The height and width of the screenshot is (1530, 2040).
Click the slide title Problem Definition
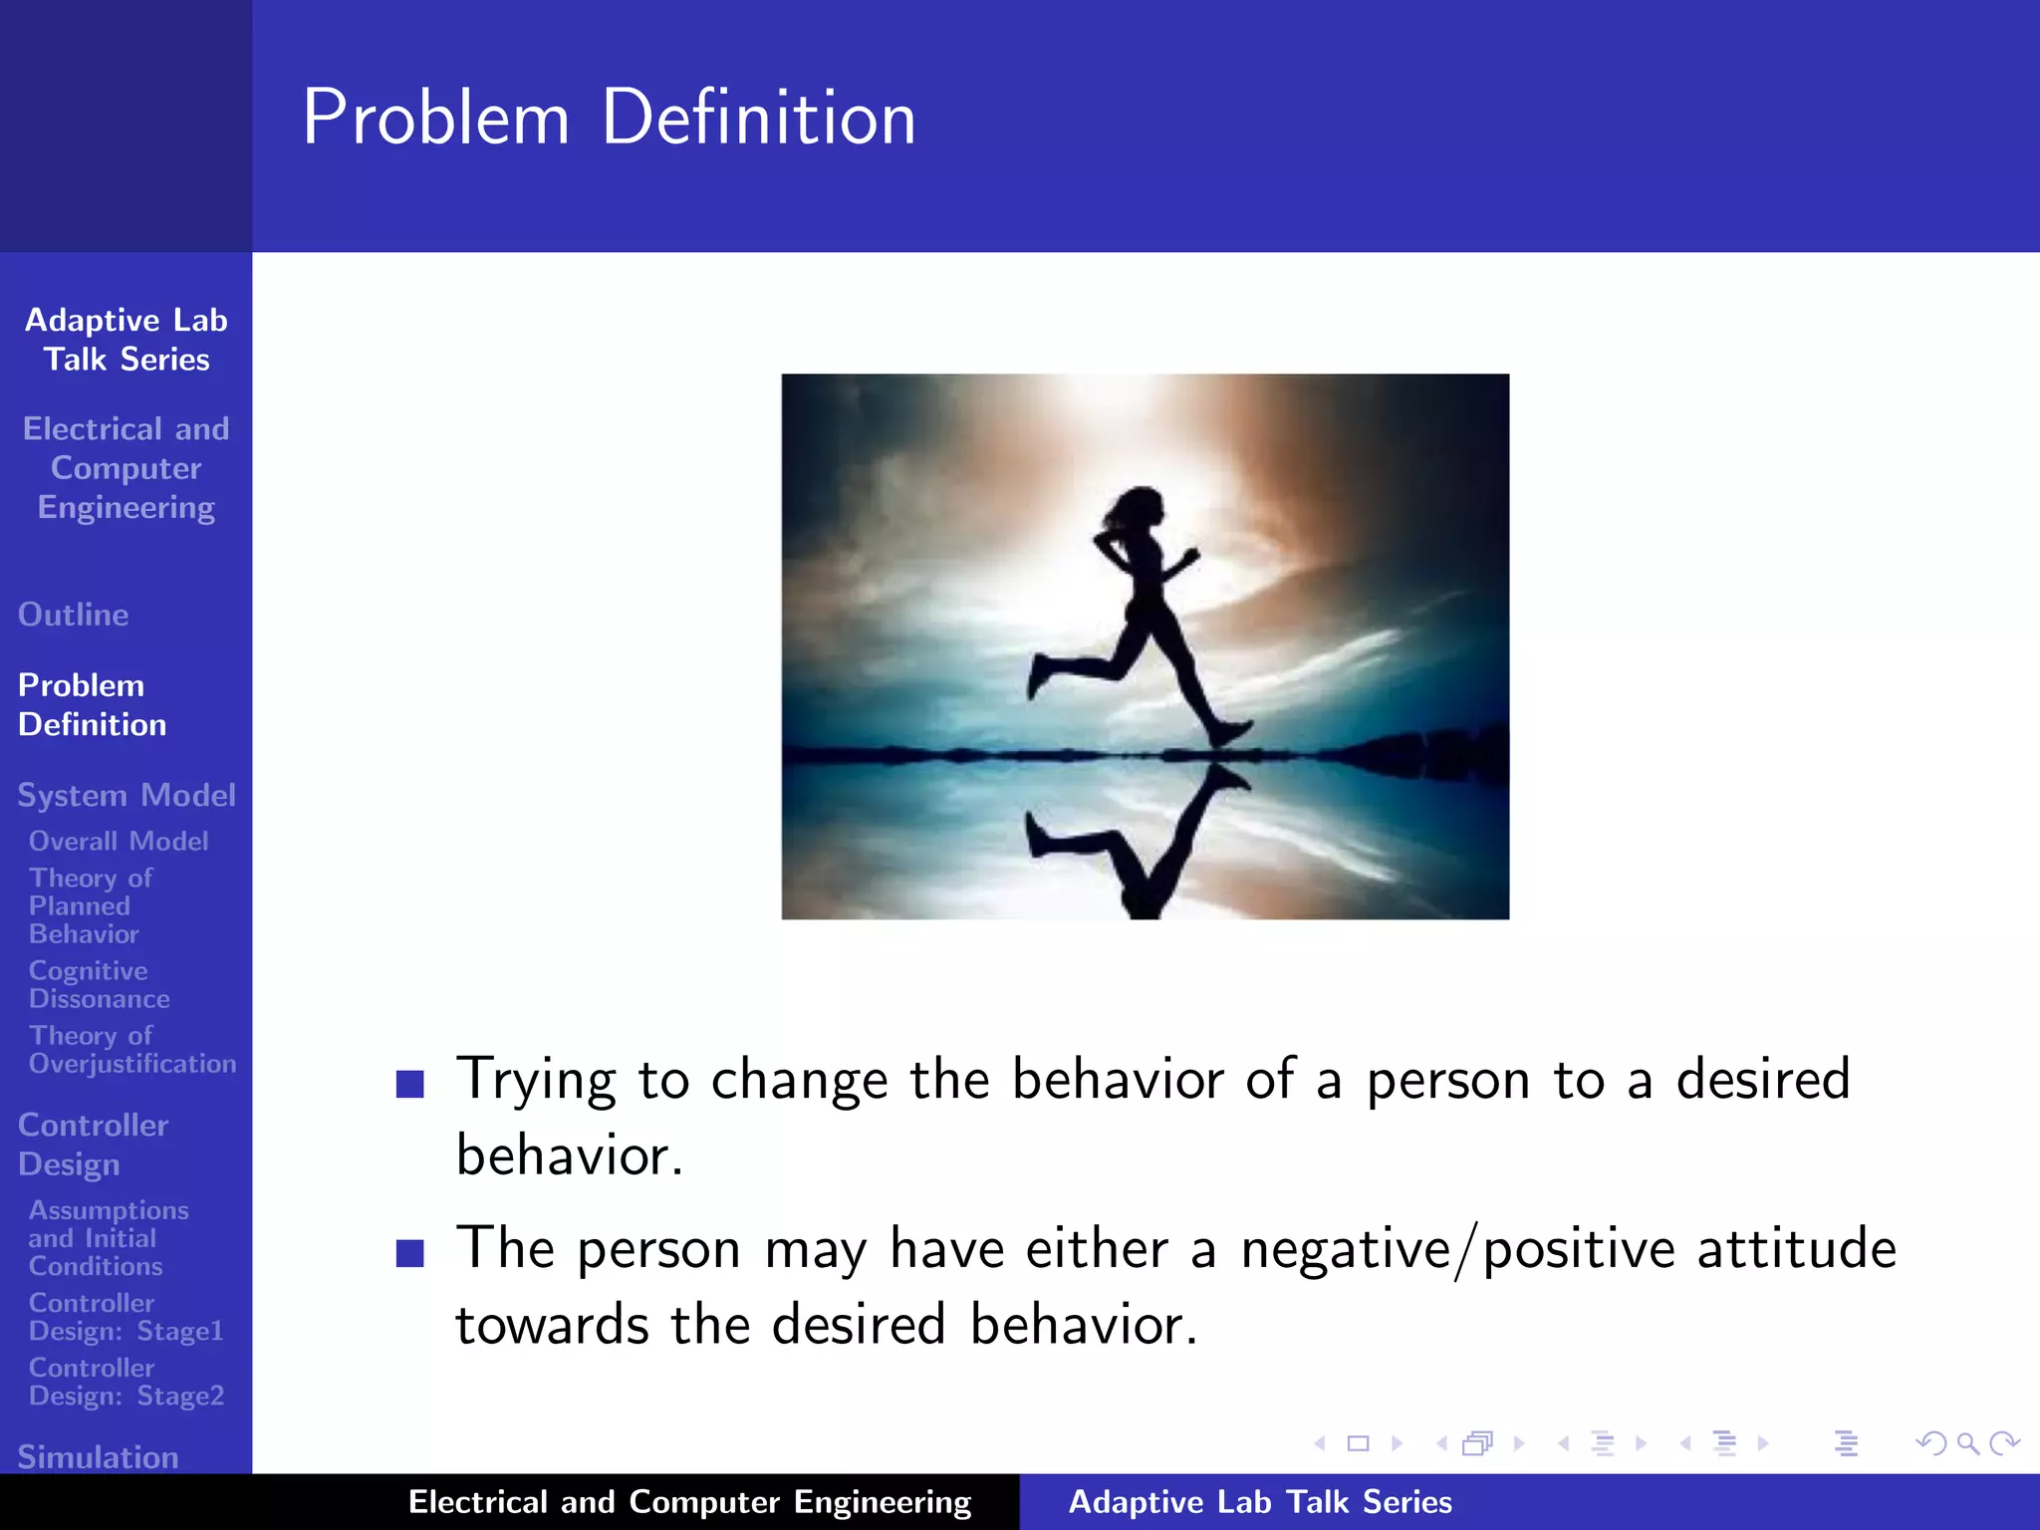pos(609,118)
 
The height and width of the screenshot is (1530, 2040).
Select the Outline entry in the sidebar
pos(73,615)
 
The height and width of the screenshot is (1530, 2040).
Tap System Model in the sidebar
pos(127,795)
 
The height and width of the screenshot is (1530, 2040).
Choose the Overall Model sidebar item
pos(119,841)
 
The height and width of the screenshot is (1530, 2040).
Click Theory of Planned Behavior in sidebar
pos(90,905)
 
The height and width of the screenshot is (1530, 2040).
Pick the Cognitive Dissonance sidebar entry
pos(99,984)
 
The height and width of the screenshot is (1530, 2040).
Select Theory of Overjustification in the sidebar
pos(131,1050)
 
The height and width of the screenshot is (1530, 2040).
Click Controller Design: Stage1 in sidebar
pos(126,1317)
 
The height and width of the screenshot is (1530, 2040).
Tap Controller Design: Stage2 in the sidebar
pos(126,1382)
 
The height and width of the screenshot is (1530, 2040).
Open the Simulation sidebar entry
pos(98,1456)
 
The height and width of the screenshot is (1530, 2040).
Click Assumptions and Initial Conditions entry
pos(108,1238)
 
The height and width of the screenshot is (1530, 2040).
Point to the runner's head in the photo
pos(1138,511)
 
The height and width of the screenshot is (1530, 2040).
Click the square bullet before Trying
pos(410,1083)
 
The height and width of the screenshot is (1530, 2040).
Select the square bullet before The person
pos(410,1252)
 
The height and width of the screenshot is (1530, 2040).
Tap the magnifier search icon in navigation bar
pos(1967,1443)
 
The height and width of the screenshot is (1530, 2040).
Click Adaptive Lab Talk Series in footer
pos(1259,1501)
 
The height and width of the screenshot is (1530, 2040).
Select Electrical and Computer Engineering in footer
pos(689,1501)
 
